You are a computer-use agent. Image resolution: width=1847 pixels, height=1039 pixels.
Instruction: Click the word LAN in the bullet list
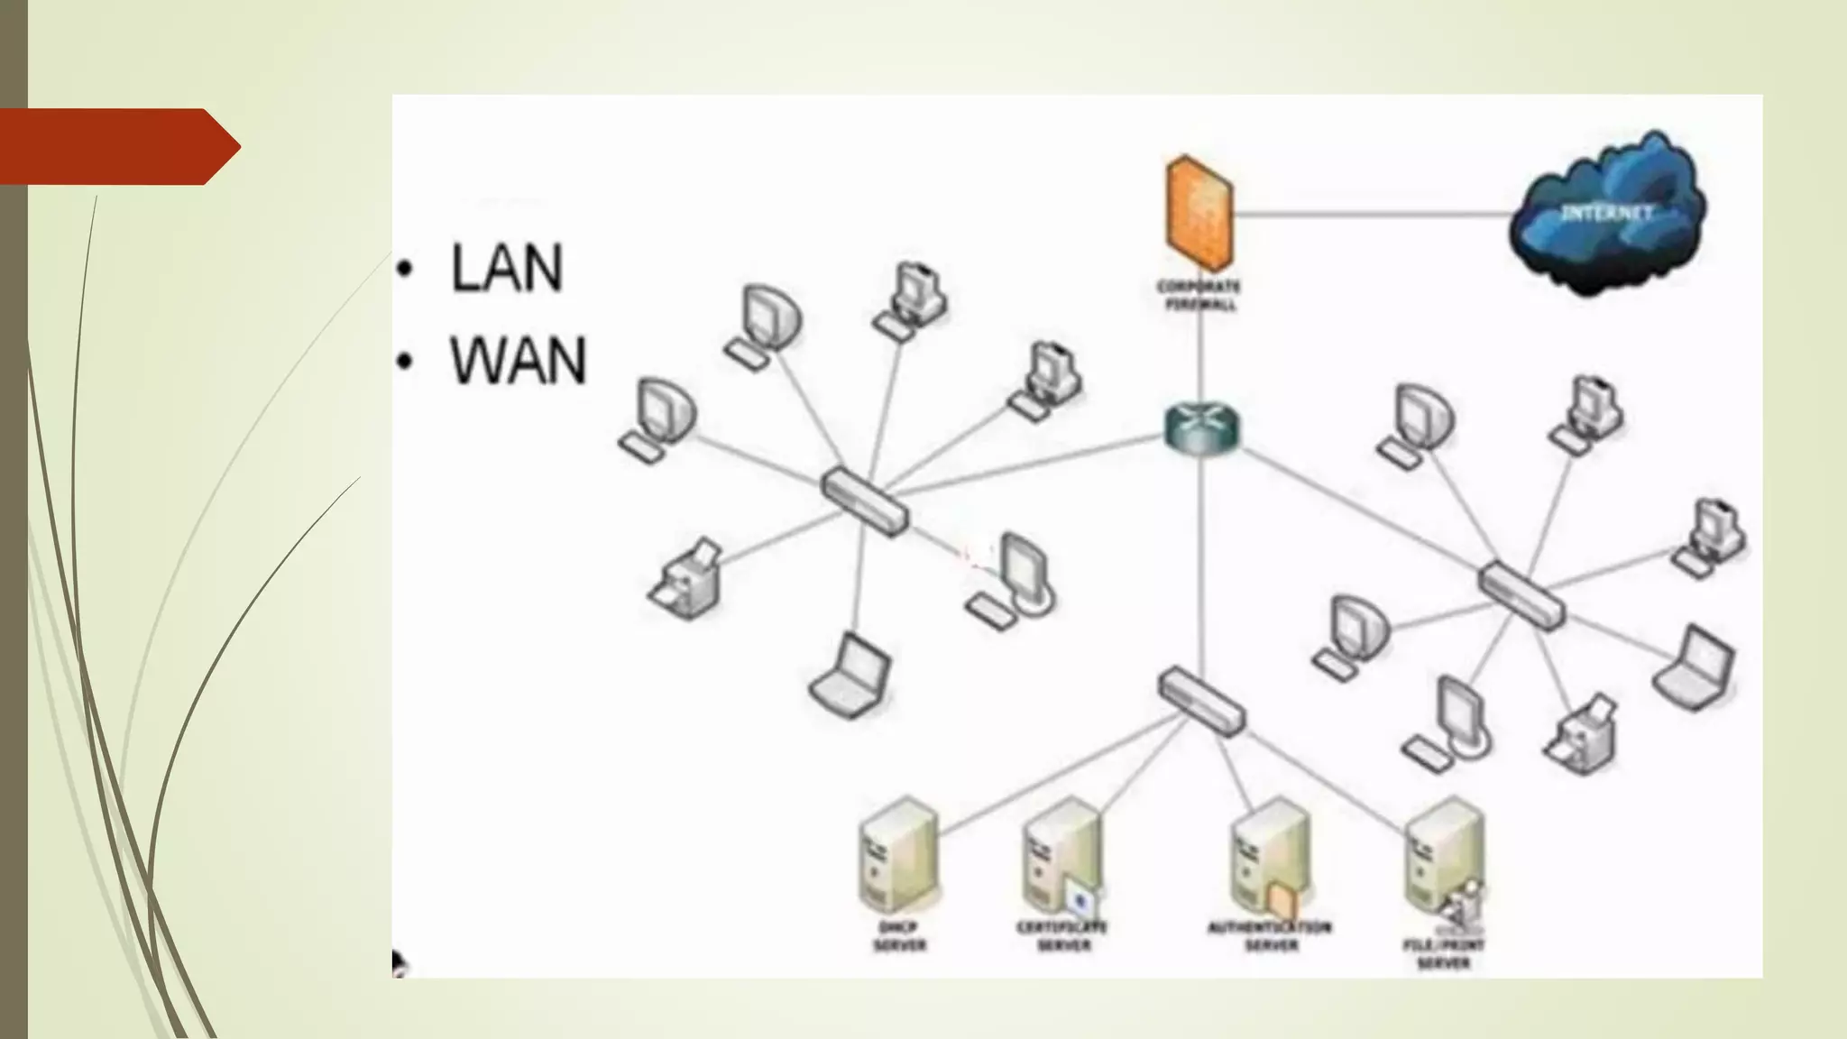506,268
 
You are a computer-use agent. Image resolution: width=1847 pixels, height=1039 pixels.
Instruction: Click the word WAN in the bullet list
518,361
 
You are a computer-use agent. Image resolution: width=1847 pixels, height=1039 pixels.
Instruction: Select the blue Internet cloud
1607,214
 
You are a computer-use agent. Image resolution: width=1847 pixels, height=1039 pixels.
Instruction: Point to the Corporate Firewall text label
1199,296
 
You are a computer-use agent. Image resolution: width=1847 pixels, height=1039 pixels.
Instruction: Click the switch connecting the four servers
1201,702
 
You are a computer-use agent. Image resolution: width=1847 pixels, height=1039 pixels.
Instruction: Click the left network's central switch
864,502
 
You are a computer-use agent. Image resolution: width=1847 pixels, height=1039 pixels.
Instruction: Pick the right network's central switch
1522,595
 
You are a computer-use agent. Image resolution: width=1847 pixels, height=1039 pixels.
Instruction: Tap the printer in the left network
687,581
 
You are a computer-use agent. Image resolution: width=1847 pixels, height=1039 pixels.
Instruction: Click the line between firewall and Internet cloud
1371,215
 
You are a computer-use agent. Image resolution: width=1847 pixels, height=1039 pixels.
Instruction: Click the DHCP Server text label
899,936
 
